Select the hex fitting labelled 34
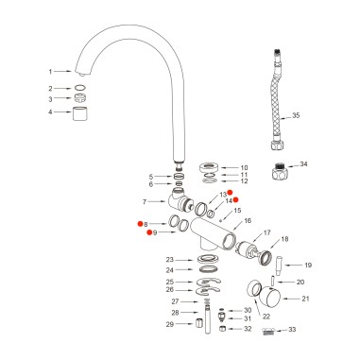281,171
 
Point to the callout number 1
51,71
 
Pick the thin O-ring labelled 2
82,88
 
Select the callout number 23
170,259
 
